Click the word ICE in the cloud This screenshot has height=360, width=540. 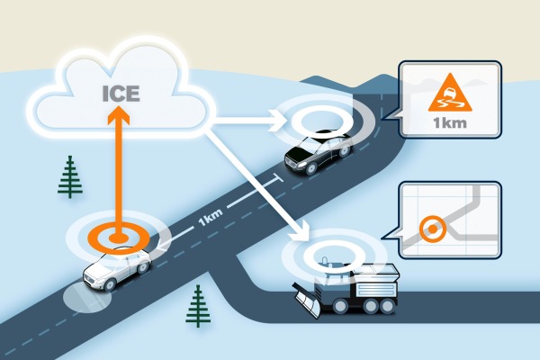click(121, 94)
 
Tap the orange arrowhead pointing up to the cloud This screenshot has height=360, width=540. click(118, 114)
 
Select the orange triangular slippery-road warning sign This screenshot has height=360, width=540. click(449, 93)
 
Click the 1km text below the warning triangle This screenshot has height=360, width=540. click(450, 123)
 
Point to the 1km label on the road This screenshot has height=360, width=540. click(211, 218)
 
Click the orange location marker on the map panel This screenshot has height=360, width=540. click(433, 229)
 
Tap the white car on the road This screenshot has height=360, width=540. click(117, 268)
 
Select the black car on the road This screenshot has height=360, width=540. click(319, 151)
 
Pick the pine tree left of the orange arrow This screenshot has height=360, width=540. click(70, 176)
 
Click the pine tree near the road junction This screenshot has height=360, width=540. click(198, 306)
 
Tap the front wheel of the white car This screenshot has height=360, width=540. click(111, 284)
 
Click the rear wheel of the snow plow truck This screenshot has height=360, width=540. click(387, 306)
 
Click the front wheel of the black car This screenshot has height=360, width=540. click(311, 168)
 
